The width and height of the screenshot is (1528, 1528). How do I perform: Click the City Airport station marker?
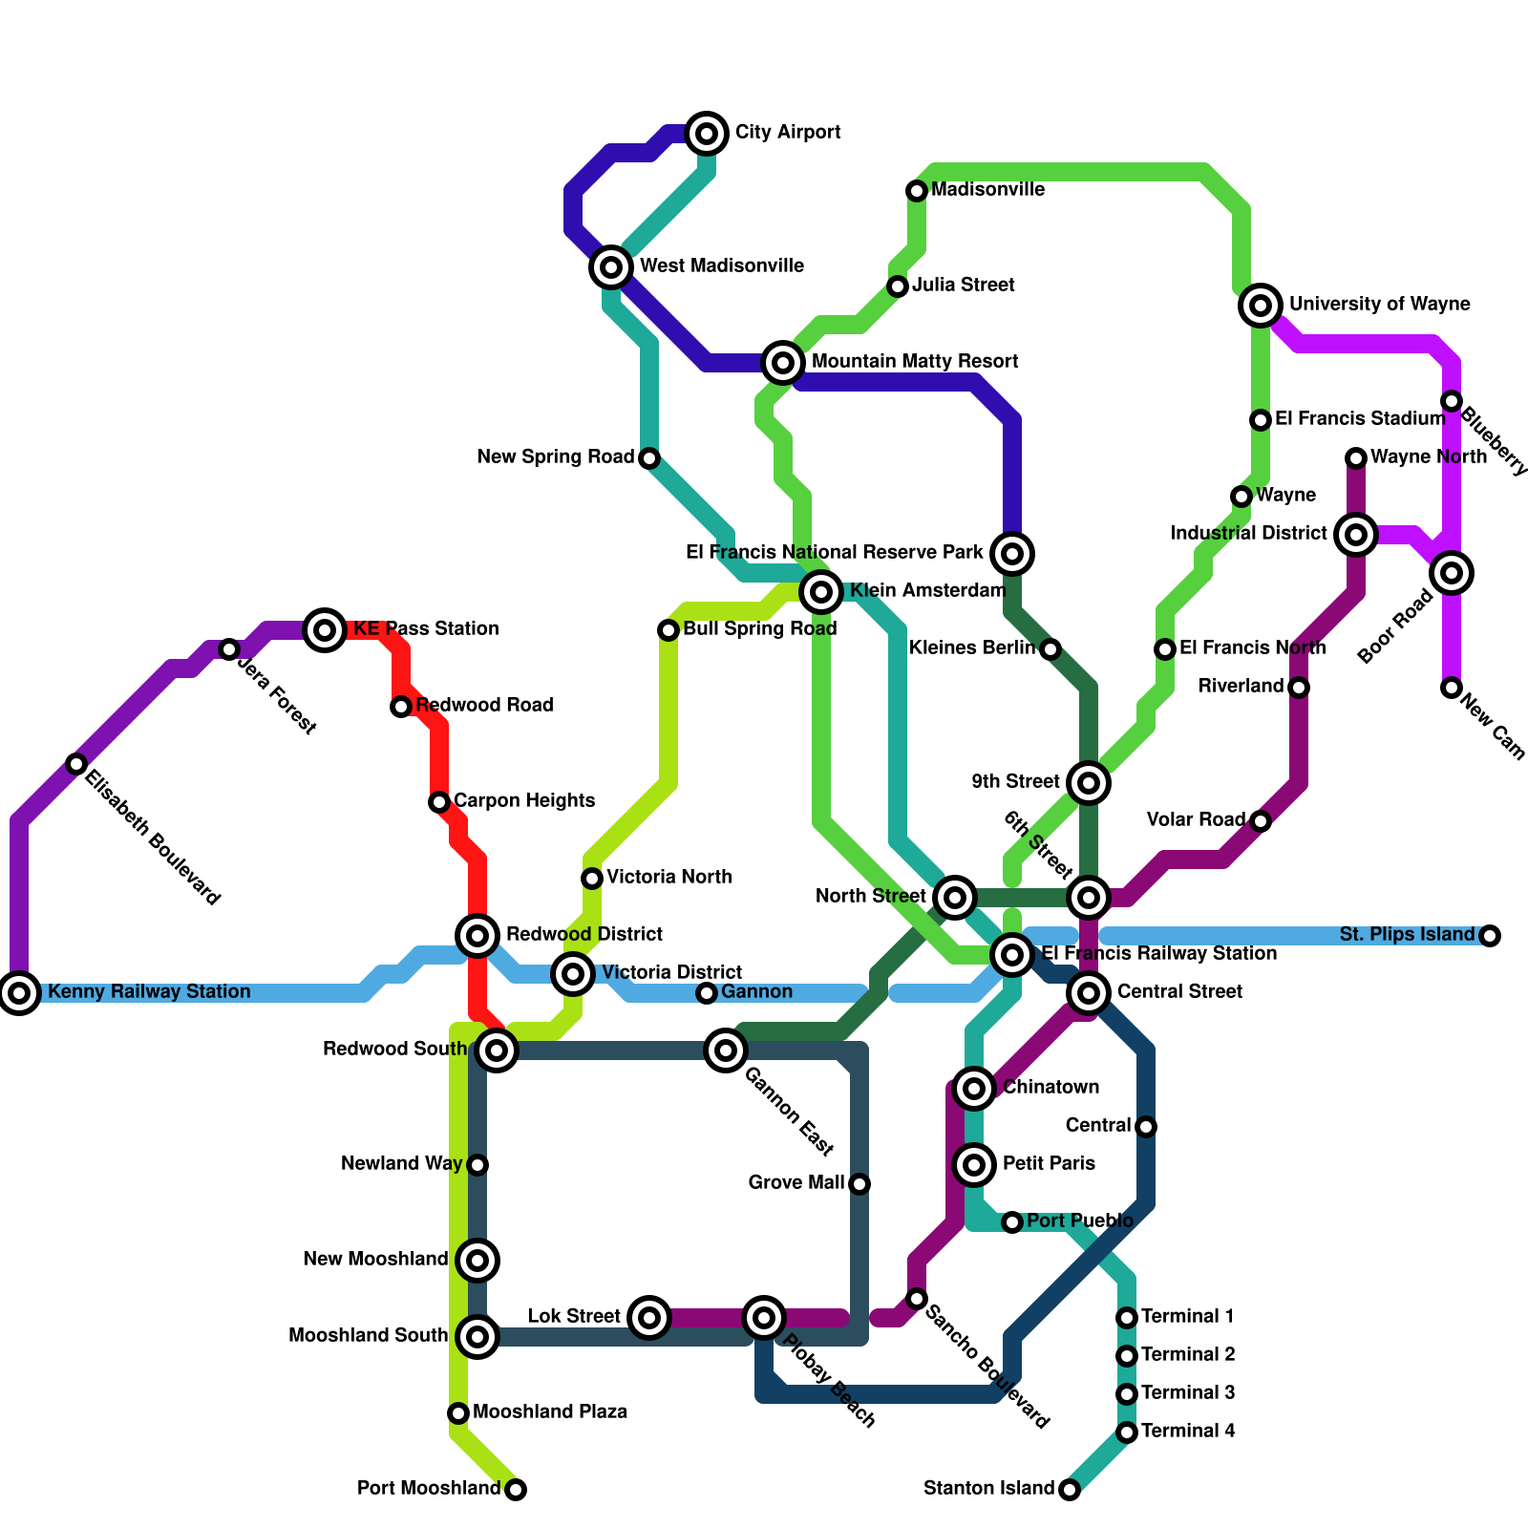click(707, 134)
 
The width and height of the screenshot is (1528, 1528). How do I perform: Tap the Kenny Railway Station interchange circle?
click(19, 993)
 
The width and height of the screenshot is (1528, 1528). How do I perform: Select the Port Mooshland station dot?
click(516, 1490)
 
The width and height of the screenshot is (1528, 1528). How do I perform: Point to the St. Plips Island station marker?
click(1490, 936)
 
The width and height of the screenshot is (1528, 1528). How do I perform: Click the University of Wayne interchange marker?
click(1261, 306)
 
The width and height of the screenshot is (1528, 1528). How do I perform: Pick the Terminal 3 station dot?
click(1127, 1394)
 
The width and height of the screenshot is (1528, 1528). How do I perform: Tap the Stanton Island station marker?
click(1070, 1490)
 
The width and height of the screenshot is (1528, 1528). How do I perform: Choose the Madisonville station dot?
click(917, 191)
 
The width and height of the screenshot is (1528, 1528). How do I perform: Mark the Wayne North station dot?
click(1356, 458)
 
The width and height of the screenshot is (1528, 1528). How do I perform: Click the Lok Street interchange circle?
click(649, 1318)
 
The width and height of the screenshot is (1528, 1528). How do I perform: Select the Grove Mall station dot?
click(859, 1184)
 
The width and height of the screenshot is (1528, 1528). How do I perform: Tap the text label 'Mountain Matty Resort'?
click(914, 362)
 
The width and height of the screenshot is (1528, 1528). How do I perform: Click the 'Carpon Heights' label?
click(523, 801)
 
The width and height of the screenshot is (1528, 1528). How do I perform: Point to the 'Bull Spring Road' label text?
click(759, 629)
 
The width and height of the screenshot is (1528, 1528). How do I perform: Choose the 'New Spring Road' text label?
click(555, 457)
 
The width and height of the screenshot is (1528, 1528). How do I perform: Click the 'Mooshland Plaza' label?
click(549, 1412)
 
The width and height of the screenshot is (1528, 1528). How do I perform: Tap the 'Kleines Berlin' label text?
click(971, 648)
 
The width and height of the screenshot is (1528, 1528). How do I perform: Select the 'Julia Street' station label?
click(963, 286)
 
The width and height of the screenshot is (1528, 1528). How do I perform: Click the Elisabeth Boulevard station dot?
click(76, 764)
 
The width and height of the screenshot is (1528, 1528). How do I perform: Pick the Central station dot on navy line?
click(1146, 1127)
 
